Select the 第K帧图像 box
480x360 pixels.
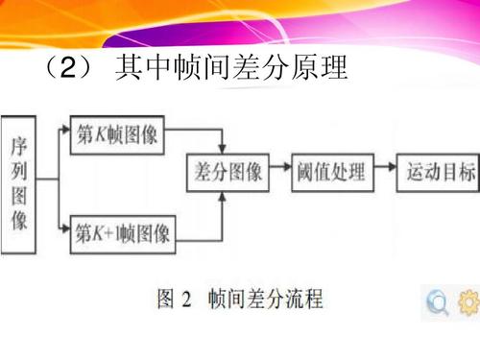pos(117,137)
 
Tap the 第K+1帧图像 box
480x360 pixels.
pos(123,231)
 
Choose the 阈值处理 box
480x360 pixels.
pos(330,172)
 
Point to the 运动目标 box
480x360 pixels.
pos(439,172)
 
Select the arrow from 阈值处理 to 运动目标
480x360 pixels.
pos(384,172)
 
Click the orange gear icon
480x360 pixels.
pos(468,303)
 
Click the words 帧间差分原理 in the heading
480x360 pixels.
pos(264,69)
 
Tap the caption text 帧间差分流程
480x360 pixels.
pos(266,300)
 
